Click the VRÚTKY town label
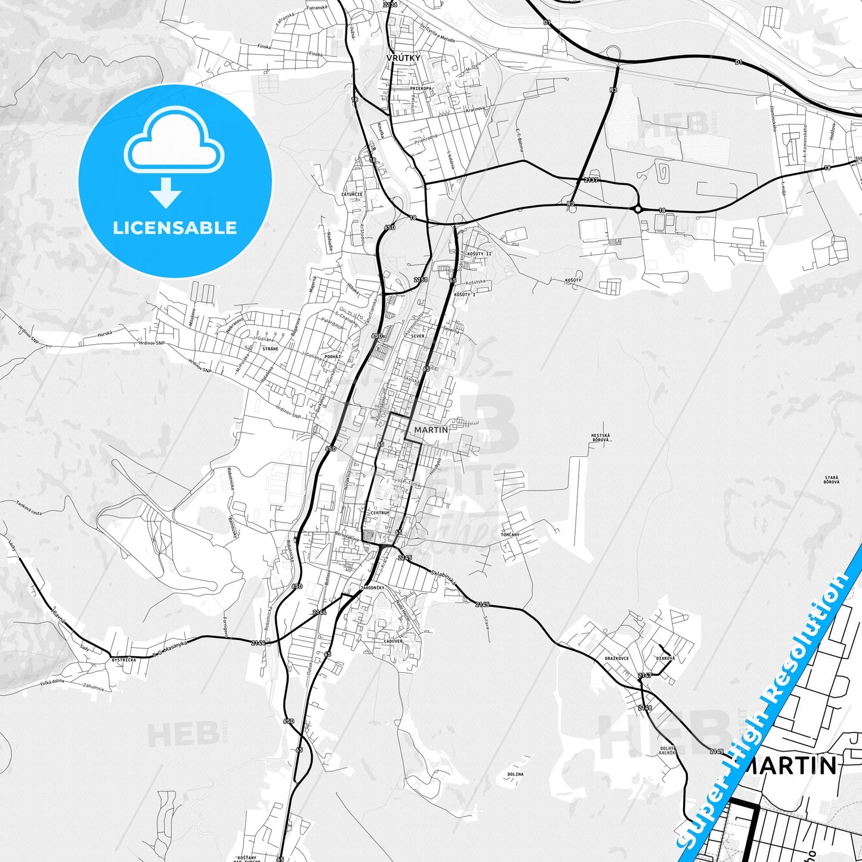tap(403, 58)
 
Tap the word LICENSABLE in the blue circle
tap(175, 228)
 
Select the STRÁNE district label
tap(270, 348)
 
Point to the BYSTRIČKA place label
tap(123, 660)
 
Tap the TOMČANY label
tap(510, 534)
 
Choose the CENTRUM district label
tap(379, 512)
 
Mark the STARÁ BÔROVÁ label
tap(832, 480)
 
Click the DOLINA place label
tap(515, 774)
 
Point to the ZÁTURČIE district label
tap(351, 194)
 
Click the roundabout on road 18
tap(638, 209)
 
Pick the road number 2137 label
tap(591, 180)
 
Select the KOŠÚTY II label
tap(480, 254)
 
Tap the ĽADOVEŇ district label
tap(393, 641)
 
